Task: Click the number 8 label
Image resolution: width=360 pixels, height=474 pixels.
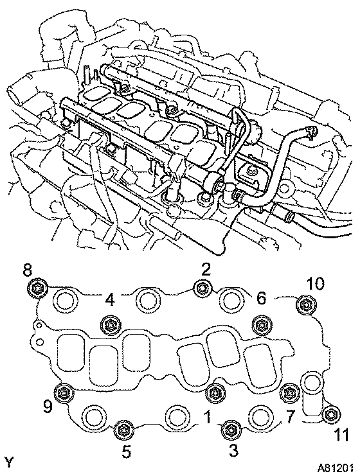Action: pyautogui.click(x=27, y=270)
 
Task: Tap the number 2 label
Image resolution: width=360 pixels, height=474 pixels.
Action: pyautogui.click(x=206, y=269)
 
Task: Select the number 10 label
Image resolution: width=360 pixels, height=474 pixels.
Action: pyautogui.click(x=314, y=284)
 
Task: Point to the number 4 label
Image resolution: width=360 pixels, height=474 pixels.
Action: pyautogui.click(x=110, y=299)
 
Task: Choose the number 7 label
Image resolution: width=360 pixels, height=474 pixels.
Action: pyautogui.click(x=289, y=417)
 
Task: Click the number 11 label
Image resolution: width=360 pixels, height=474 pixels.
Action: pyautogui.click(x=341, y=435)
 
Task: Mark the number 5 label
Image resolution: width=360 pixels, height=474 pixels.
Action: pyautogui.click(x=127, y=452)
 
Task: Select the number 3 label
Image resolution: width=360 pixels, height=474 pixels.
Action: pyautogui.click(x=233, y=451)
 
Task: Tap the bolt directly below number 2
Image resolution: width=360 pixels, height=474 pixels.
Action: pyautogui.click(x=202, y=288)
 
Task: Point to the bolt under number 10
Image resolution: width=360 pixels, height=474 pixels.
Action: pyautogui.click(x=304, y=304)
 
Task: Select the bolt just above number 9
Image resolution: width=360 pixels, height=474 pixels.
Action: pyautogui.click(x=64, y=392)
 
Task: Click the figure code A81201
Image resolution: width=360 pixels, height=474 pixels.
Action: pyautogui.click(x=335, y=468)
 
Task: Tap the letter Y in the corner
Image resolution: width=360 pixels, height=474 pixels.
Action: pyautogui.click(x=10, y=463)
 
